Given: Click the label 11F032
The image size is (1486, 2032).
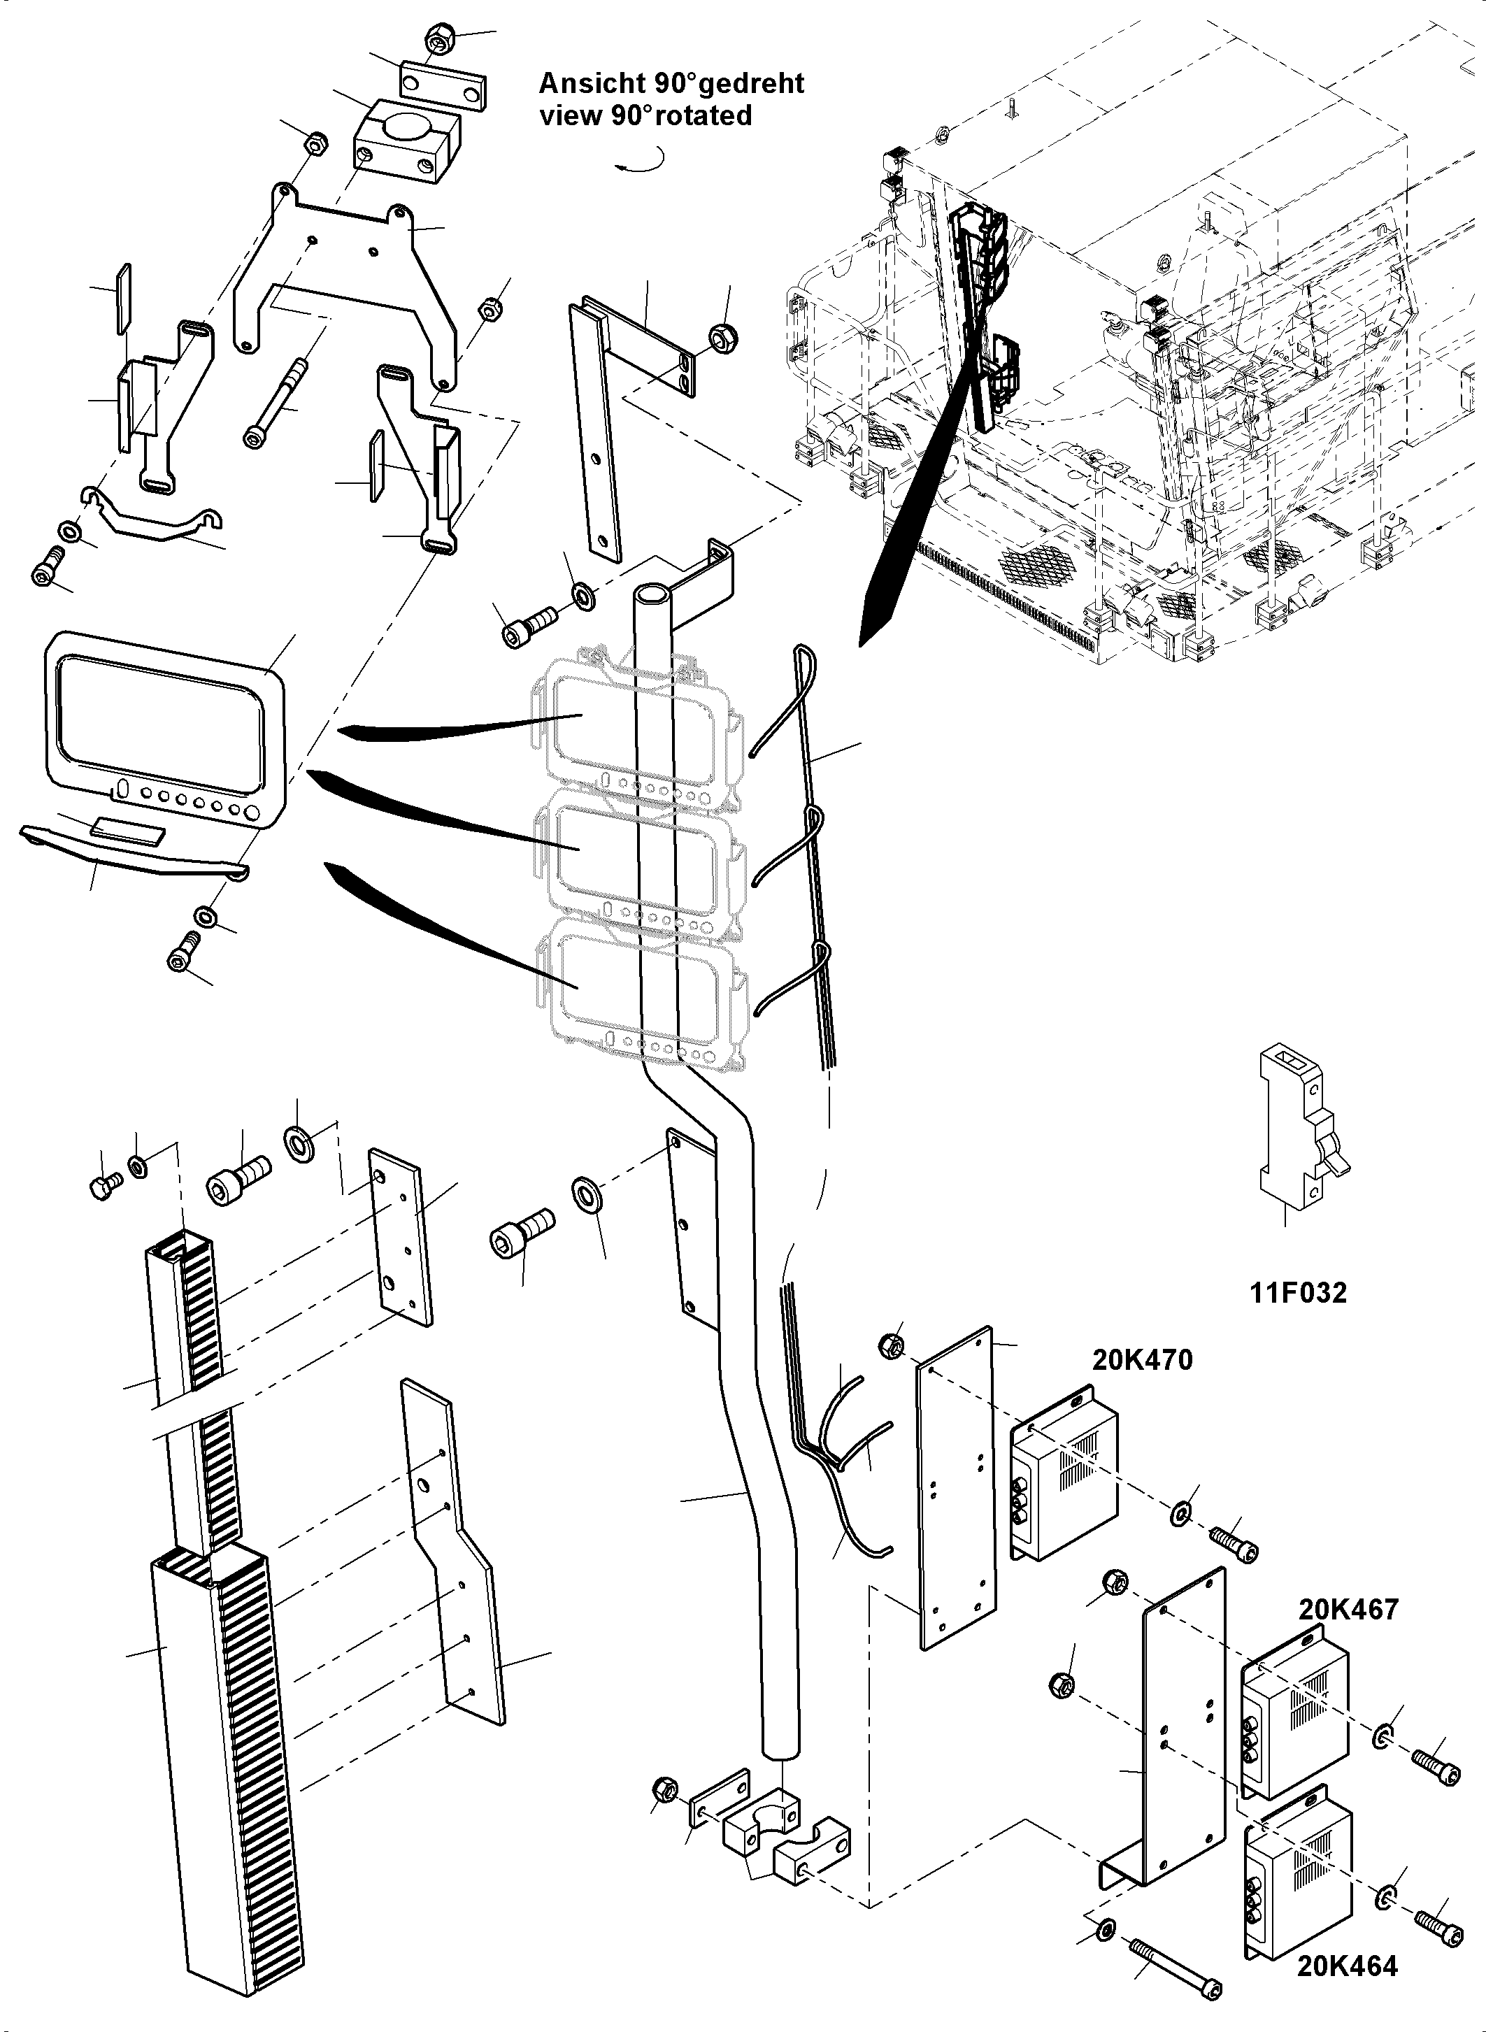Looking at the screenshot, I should click(1298, 1294).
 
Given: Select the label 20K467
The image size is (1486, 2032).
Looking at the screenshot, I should click(1348, 1608).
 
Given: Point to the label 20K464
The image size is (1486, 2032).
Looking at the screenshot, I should click(1347, 1966).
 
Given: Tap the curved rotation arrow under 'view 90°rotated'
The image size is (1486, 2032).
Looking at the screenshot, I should click(641, 163).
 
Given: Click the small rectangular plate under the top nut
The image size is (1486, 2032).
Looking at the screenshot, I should click(442, 86).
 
